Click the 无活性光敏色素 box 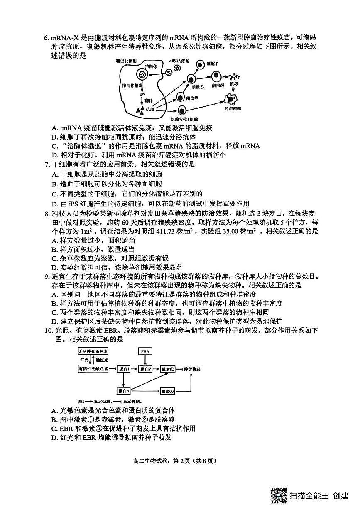pyautogui.click(x=93, y=351)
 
